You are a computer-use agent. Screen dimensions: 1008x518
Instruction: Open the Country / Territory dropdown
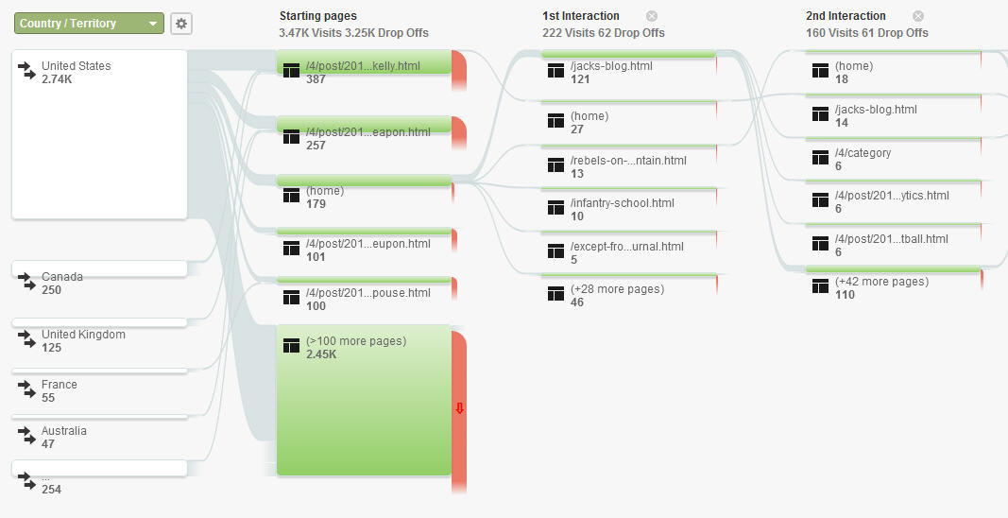[89, 24]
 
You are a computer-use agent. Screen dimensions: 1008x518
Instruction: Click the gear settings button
[181, 24]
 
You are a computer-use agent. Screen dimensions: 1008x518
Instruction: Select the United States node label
[76, 65]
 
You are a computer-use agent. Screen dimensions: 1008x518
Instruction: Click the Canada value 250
[51, 290]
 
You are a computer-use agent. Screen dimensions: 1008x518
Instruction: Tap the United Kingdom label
[83, 335]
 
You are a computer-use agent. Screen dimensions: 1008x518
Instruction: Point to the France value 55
[48, 398]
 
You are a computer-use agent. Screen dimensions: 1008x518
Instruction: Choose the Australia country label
[63, 431]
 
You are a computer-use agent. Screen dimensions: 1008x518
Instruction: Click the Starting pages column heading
[318, 16]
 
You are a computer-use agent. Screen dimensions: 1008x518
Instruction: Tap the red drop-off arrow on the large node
[459, 408]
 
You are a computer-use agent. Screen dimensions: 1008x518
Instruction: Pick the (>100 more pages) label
[356, 341]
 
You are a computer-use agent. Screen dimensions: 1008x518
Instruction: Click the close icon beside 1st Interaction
[652, 16]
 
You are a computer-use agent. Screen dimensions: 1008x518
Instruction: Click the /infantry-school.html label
[623, 203]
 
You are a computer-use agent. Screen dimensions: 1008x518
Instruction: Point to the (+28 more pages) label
[617, 289]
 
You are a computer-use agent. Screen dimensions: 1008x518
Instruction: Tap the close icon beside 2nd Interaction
[918, 16]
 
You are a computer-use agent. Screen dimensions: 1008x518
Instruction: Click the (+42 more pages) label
[882, 282]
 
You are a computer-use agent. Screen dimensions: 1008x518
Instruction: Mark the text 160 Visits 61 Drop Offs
[867, 33]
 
